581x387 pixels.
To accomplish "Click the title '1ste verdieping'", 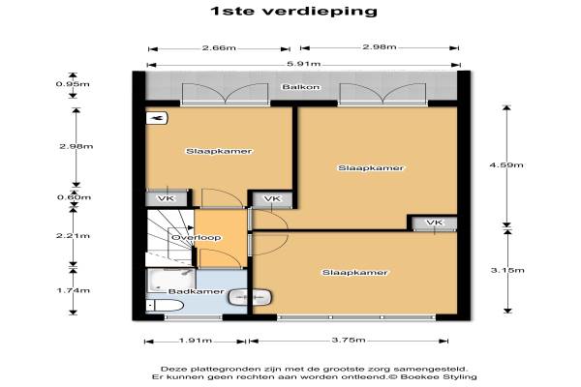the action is pos(293,11).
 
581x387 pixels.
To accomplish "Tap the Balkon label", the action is pos(301,87).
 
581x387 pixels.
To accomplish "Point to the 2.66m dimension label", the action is pos(219,48).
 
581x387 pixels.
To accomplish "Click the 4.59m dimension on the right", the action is pos(506,165).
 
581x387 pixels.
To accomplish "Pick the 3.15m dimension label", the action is pos(507,270).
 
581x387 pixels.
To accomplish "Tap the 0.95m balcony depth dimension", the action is pos(73,84).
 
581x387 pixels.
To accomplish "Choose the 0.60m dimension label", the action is pos(74,197).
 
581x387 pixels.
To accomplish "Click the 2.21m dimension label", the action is pos(73,236).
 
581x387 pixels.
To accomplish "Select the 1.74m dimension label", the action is pos(73,290).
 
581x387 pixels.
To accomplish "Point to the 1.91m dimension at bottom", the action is pos(196,341).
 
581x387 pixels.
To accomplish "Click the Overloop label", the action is pos(197,237).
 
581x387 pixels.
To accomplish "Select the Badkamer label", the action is pos(197,291).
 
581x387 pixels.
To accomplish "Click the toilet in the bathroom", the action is pos(166,306).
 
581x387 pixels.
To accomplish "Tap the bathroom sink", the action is pos(250,297).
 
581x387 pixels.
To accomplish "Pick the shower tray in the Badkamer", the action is pos(171,280).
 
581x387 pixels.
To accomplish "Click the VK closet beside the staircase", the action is pos(166,199).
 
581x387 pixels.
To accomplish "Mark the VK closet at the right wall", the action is pos(434,223).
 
